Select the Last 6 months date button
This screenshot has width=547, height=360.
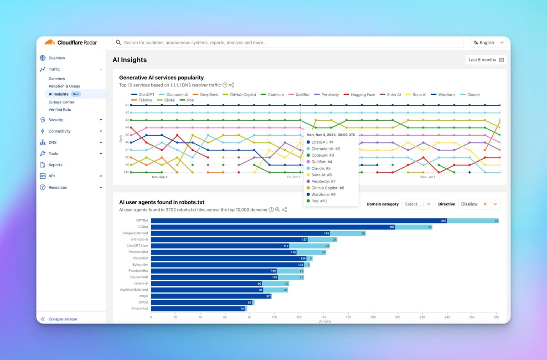click(x=485, y=60)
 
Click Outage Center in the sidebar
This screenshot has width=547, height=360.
click(x=62, y=102)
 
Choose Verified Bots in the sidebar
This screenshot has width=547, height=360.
click(x=60, y=110)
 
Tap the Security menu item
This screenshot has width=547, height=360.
click(x=56, y=120)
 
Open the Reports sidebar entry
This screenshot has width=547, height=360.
click(x=55, y=165)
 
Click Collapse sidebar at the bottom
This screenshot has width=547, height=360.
click(x=62, y=319)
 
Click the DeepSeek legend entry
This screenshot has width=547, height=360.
click(x=209, y=95)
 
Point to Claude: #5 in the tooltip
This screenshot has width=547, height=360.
click(x=323, y=168)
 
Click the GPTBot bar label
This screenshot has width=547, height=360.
click(x=142, y=221)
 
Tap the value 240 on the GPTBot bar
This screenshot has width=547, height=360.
click(x=444, y=221)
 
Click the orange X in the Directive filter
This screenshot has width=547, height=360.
click(x=485, y=204)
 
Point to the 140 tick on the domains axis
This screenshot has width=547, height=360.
click(x=324, y=317)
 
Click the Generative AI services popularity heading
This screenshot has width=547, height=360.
click(x=161, y=77)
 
